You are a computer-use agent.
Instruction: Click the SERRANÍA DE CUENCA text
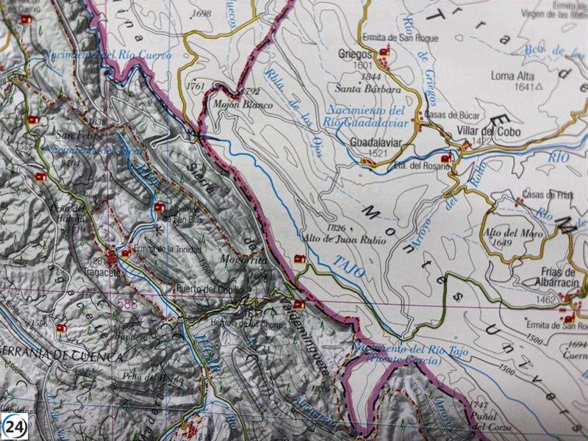pos(62,356)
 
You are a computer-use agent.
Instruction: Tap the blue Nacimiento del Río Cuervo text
pos(107,54)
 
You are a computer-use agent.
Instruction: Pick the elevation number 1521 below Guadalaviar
pos(376,153)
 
